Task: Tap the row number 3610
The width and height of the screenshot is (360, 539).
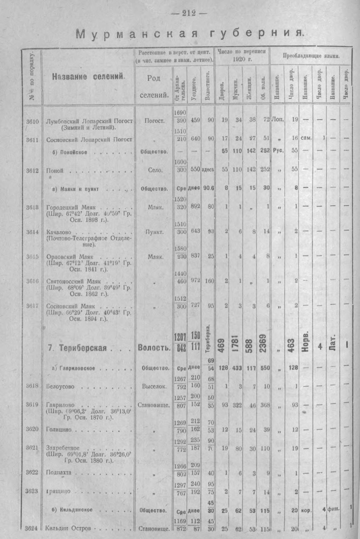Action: [x=32, y=121]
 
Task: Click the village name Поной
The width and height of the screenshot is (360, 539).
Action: [x=55, y=169]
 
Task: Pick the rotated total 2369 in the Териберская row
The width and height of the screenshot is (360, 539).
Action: [x=263, y=343]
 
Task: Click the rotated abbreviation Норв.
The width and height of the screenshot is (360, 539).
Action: [x=306, y=343]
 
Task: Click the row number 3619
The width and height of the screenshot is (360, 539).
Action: [x=32, y=405]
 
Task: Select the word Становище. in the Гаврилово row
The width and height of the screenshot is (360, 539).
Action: [x=154, y=405]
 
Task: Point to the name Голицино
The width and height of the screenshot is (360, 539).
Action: [x=59, y=429]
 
